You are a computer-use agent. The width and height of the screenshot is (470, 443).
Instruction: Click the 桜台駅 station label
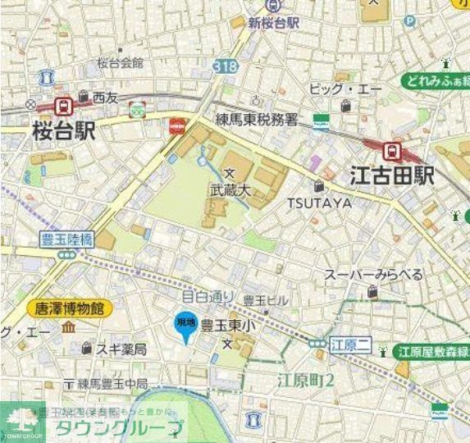coord(64,130)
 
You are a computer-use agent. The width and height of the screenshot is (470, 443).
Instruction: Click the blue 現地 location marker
coord(185,326)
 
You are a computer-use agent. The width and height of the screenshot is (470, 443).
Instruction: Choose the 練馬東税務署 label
coord(259,120)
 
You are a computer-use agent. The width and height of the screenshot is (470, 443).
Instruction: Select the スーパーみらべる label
coord(373,274)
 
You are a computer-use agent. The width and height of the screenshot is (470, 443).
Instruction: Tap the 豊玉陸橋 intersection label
coord(66,239)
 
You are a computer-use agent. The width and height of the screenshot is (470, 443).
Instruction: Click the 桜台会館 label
coord(120,62)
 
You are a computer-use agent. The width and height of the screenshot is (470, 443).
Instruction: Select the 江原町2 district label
coord(305,380)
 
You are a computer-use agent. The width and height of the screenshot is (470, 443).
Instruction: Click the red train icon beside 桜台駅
coord(62,104)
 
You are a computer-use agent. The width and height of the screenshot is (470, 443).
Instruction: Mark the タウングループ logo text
coord(119,427)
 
